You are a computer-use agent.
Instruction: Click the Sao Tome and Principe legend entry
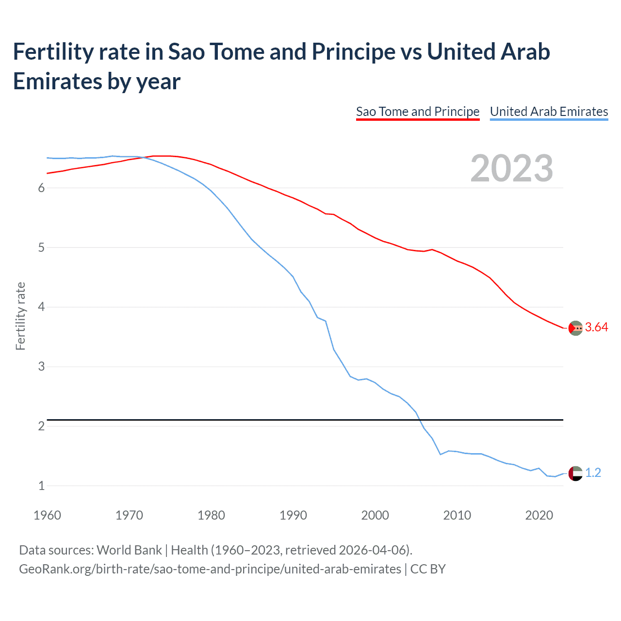417,112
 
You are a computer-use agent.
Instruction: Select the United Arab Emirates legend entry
549,112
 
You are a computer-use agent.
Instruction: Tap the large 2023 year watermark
512,168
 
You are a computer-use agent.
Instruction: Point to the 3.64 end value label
596,327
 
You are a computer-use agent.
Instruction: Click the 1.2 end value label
593,473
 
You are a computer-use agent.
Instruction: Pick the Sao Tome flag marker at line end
575,328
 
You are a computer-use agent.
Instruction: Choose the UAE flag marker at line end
575,473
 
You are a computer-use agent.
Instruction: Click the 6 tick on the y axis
41,188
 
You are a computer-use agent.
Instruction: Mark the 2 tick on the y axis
41,426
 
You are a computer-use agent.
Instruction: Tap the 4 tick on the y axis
41,307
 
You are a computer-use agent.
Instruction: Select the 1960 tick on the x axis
47,515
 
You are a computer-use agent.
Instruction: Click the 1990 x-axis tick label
293,515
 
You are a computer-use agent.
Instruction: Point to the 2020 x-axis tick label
539,515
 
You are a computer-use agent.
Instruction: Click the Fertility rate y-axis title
20,316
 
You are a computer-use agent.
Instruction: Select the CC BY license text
428,569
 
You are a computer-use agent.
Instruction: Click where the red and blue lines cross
144,157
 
